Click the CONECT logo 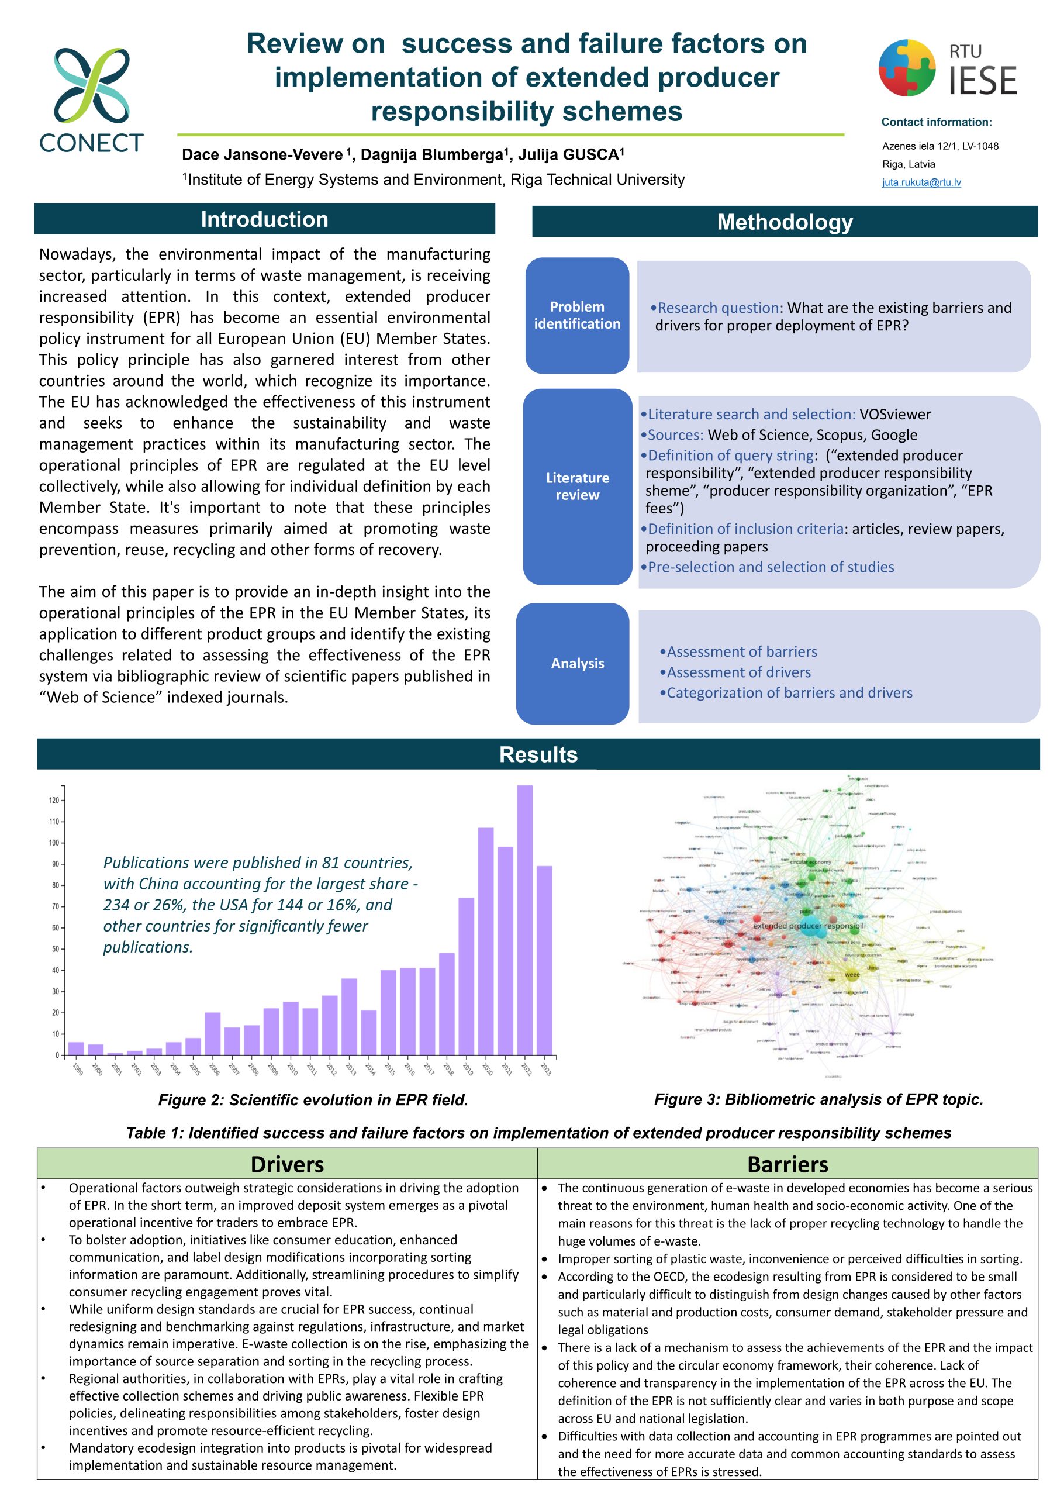coord(91,99)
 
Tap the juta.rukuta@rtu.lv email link coord(921,182)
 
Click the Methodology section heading coord(784,222)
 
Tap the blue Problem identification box coord(576,316)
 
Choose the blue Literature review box coord(576,487)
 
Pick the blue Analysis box coord(576,664)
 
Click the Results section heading coord(538,754)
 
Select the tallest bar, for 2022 coord(524,919)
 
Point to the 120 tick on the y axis coord(53,801)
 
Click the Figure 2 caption coord(313,1100)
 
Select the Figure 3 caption coord(818,1099)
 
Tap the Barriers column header coord(787,1164)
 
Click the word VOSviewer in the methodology coord(894,415)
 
